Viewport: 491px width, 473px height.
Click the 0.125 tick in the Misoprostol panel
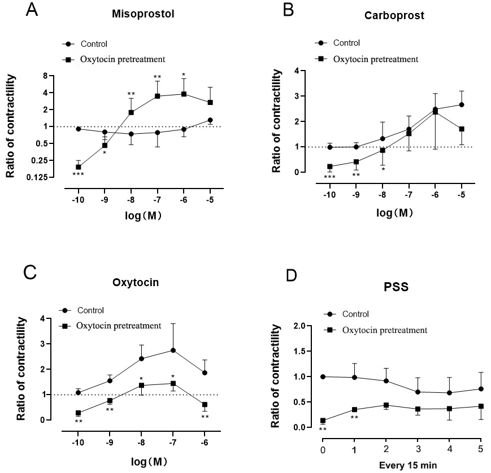point(37,178)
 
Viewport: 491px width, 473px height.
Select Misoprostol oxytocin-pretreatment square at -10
point(79,167)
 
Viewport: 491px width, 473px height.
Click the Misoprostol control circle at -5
point(210,120)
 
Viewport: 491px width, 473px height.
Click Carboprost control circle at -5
point(462,104)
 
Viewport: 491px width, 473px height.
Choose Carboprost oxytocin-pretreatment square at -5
point(462,129)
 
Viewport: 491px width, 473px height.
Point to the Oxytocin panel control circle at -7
point(173,351)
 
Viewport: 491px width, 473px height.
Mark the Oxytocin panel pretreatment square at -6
point(205,405)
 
